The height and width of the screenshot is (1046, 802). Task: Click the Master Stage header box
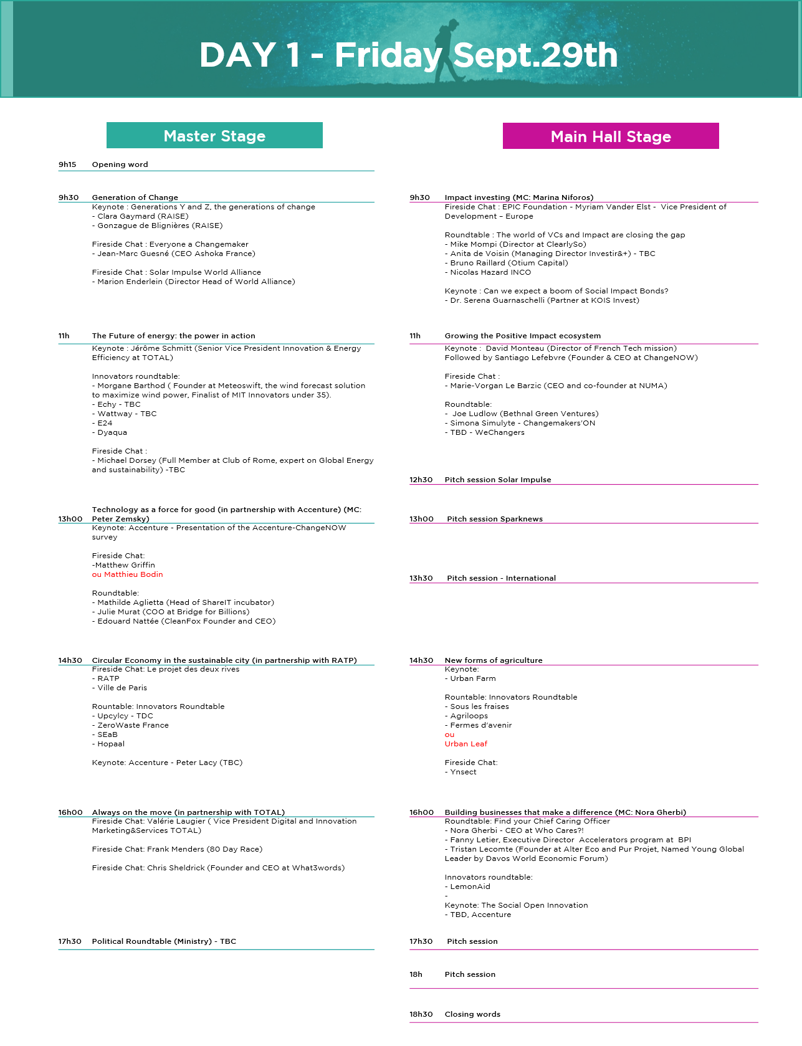(214, 135)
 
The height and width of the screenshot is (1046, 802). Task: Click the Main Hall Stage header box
(611, 136)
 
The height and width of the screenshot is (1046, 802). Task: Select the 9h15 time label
(67, 164)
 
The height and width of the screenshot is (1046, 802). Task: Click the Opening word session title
(120, 164)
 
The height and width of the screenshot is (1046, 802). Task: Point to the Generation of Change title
(135, 197)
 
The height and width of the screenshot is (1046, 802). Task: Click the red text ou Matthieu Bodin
(128, 574)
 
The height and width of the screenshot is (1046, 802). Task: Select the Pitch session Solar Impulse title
(498, 480)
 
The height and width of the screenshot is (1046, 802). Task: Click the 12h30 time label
(421, 480)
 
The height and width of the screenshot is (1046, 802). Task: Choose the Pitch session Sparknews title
(495, 519)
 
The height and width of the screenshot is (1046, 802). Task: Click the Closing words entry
(472, 1014)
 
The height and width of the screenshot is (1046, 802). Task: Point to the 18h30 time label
(421, 1014)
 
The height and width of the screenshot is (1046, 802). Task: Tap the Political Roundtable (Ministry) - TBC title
(164, 941)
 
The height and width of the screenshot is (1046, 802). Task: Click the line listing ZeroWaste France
(130, 725)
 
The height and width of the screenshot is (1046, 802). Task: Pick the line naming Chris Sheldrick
(218, 868)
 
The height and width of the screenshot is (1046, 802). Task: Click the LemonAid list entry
(467, 887)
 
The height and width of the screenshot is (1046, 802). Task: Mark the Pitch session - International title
(501, 578)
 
